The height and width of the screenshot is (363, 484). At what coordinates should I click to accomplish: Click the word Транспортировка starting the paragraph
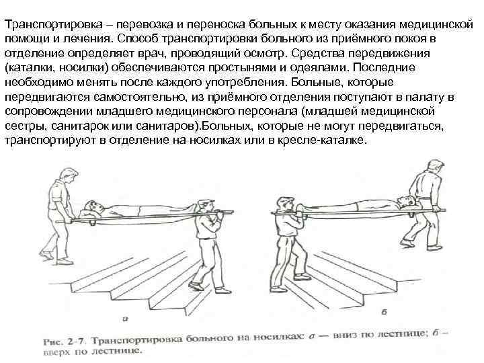(54, 25)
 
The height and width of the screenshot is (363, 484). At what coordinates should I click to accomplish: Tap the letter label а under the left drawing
(125, 319)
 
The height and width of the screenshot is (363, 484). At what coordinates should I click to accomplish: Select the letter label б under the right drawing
(385, 312)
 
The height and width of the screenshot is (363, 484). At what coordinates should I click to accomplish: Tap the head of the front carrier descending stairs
(206, 206)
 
